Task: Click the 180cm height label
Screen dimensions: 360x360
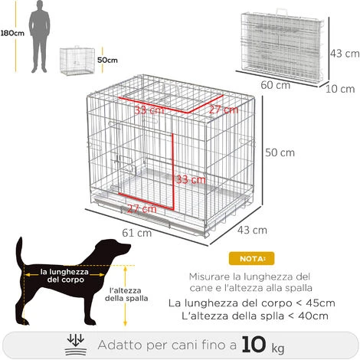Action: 12,33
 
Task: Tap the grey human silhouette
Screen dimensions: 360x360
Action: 39,37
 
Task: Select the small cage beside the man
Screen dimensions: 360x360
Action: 77,61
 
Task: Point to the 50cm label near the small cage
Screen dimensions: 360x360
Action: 107,61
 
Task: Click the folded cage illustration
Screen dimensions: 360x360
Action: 282,47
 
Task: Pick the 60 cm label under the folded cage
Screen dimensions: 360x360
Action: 275,85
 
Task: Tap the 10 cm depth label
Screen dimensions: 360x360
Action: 340,89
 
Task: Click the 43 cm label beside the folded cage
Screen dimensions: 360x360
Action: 345,54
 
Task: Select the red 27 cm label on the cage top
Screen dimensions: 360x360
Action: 224,110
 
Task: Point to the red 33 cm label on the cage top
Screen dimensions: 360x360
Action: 149,110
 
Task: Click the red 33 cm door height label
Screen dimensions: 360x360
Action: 191,179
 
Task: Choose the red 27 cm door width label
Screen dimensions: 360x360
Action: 142,209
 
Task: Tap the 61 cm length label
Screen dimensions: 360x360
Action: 137,233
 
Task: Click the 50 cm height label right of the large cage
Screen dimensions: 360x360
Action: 280,152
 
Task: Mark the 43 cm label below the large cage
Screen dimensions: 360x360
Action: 252,231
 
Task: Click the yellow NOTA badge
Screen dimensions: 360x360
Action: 252,259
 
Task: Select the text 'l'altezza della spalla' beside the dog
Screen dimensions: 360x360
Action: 126,294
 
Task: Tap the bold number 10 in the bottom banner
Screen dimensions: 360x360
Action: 254,345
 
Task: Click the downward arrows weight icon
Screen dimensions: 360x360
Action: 76,345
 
